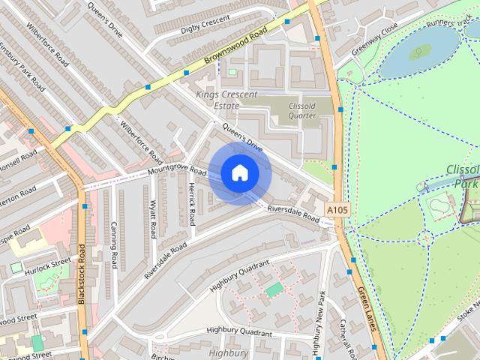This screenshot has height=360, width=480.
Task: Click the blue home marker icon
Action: [239, 172]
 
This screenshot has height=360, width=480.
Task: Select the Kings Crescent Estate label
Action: [226, 100]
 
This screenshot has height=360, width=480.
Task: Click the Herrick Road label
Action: [192, 204]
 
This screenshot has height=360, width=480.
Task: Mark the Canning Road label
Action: [114, 245]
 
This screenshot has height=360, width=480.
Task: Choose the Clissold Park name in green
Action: [461, 176]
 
